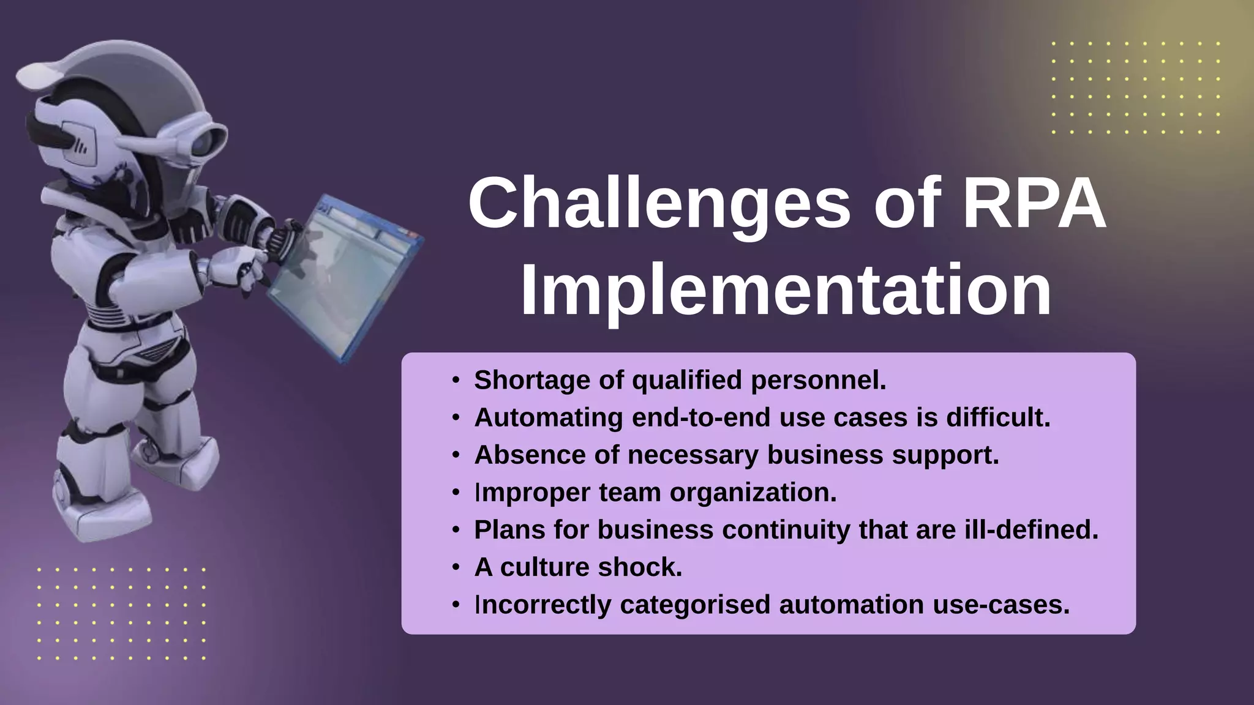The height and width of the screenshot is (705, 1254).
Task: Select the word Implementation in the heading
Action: (786, 291)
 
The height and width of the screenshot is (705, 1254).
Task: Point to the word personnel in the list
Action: (818, 380)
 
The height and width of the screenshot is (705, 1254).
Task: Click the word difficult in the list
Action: (998, 417)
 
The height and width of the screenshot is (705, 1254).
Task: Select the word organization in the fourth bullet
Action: (753, 493)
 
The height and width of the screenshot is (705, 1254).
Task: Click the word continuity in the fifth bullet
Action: (786, 530)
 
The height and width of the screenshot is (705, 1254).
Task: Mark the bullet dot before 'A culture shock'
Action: (456, 567)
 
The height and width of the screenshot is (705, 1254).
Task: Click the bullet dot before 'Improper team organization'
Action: (456, 493)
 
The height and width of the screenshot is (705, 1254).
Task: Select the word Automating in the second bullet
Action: (549, 417)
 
